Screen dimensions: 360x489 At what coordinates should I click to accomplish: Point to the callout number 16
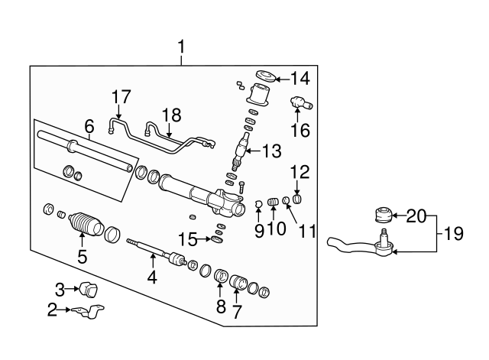pos(300,130)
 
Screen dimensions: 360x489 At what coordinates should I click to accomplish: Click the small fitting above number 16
pos(298,102)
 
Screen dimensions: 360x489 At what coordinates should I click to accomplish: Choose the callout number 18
pos(171,115)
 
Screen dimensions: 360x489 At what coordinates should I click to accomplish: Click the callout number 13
pos(271,152)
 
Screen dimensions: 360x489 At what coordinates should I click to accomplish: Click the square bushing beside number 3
pos(91,290)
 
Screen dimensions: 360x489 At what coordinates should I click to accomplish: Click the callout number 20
pos(417,216)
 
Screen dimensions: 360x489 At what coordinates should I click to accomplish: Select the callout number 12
pos(298,174)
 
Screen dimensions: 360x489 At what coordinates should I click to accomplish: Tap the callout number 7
pos(237,312)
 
